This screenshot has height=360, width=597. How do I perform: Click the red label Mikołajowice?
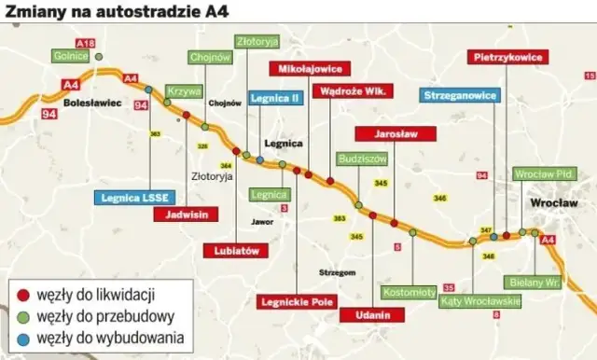[x=311, y=68]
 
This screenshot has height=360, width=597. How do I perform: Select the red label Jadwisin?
[x=187, y=214]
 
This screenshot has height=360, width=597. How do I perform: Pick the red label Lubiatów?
[x=237, y=251]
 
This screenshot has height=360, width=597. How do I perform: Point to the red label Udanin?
[x=372, y=315]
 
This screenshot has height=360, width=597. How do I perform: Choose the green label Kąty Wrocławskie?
[x=481, y=300]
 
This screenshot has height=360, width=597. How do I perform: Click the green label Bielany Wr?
[x=535, y=281]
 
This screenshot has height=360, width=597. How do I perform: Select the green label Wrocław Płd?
[x=546, y=174]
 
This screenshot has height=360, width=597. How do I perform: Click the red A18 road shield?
[x=86, y=43]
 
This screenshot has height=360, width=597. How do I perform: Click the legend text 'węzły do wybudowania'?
[x=109, y=338]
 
